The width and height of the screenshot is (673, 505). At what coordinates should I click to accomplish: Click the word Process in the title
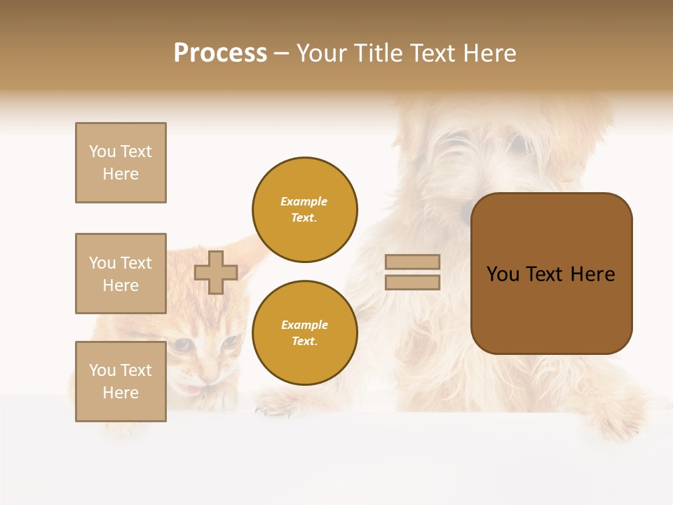(220, 53)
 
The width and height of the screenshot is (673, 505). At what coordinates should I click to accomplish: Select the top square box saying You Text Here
(121, 163)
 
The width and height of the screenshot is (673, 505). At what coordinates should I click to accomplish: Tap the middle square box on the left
(121, 274)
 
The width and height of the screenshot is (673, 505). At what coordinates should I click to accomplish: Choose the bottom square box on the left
(121, 381)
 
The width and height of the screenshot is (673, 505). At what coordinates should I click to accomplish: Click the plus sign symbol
(216, 272)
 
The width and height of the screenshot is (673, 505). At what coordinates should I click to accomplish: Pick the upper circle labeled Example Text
(304, 210)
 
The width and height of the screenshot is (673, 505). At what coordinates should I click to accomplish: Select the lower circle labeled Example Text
(304, 333)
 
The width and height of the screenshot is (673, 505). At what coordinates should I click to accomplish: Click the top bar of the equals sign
(412, 262)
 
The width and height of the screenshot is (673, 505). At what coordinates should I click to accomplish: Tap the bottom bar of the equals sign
(412, 282)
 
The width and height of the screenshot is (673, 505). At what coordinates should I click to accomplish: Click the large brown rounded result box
(551, 273)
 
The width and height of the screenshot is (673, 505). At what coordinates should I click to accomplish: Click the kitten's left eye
(182, 344)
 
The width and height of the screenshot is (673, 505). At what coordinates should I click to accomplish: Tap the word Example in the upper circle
(304, 201)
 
